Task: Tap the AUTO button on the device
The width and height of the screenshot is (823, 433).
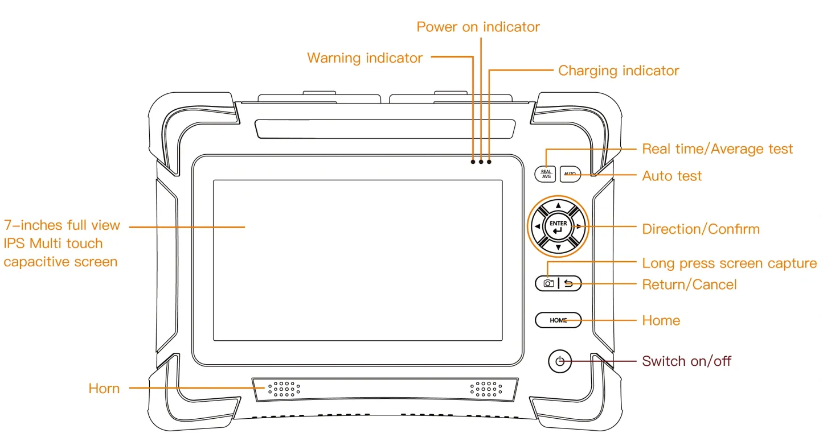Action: [570, 174]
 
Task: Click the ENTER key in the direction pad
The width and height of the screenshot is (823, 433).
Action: [558, 227]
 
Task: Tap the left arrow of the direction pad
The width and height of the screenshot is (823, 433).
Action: [537, 227]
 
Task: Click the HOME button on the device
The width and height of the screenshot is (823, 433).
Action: [558, 320]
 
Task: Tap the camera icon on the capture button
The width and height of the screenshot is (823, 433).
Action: [548, 283]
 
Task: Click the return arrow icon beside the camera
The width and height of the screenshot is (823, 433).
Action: [569, 283]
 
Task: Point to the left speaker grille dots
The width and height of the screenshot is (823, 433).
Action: [284, 389]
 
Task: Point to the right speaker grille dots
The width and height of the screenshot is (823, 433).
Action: [486, 389]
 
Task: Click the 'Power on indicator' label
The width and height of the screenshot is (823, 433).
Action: [478, 27]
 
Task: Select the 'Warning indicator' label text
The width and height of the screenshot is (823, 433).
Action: [365, 58]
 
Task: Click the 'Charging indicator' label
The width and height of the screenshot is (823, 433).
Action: [618, 71]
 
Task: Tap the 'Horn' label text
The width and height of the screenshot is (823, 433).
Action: [104, 389]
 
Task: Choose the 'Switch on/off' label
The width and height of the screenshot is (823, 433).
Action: [686, 361]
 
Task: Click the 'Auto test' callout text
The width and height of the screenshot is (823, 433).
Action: [671, 176]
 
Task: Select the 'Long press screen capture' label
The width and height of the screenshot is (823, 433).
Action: [729, 263]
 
